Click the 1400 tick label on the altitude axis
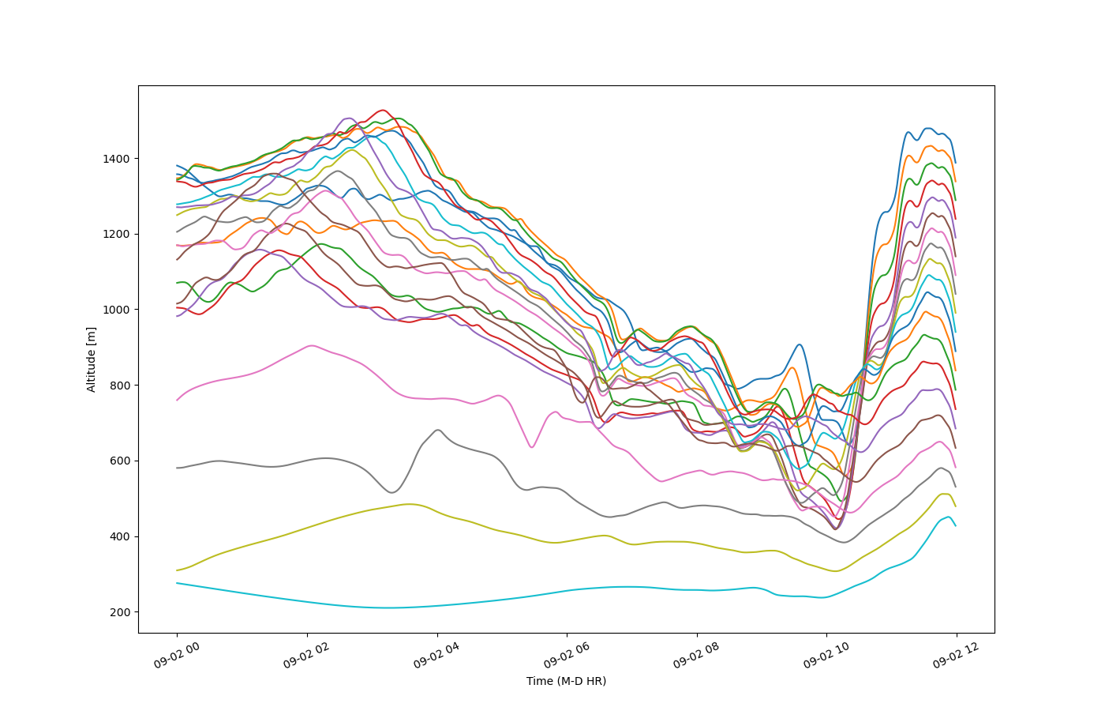coord(116,159)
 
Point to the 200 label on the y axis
coord(119,613)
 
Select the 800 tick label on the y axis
coord(119,386)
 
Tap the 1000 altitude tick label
coord(116,310)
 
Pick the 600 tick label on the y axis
coord(119,461)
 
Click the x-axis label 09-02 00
coord(177,656)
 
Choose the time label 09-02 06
coord(567,656)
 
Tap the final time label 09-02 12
coord(956,656)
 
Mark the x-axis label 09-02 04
coord(436,656)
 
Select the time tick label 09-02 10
coord(826,656)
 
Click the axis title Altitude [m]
coord(91,359)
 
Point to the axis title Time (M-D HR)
coord(567,681)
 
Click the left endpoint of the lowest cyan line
coord(177,583)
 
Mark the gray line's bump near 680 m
coord(438,430)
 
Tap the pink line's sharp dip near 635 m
coord(532,447)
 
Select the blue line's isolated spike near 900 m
coord(799,344)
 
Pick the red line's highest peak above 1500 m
coord(383,110)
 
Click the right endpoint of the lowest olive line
coord(956,506)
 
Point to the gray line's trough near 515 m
coord(391,492)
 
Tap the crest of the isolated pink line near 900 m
coord(312,346)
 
